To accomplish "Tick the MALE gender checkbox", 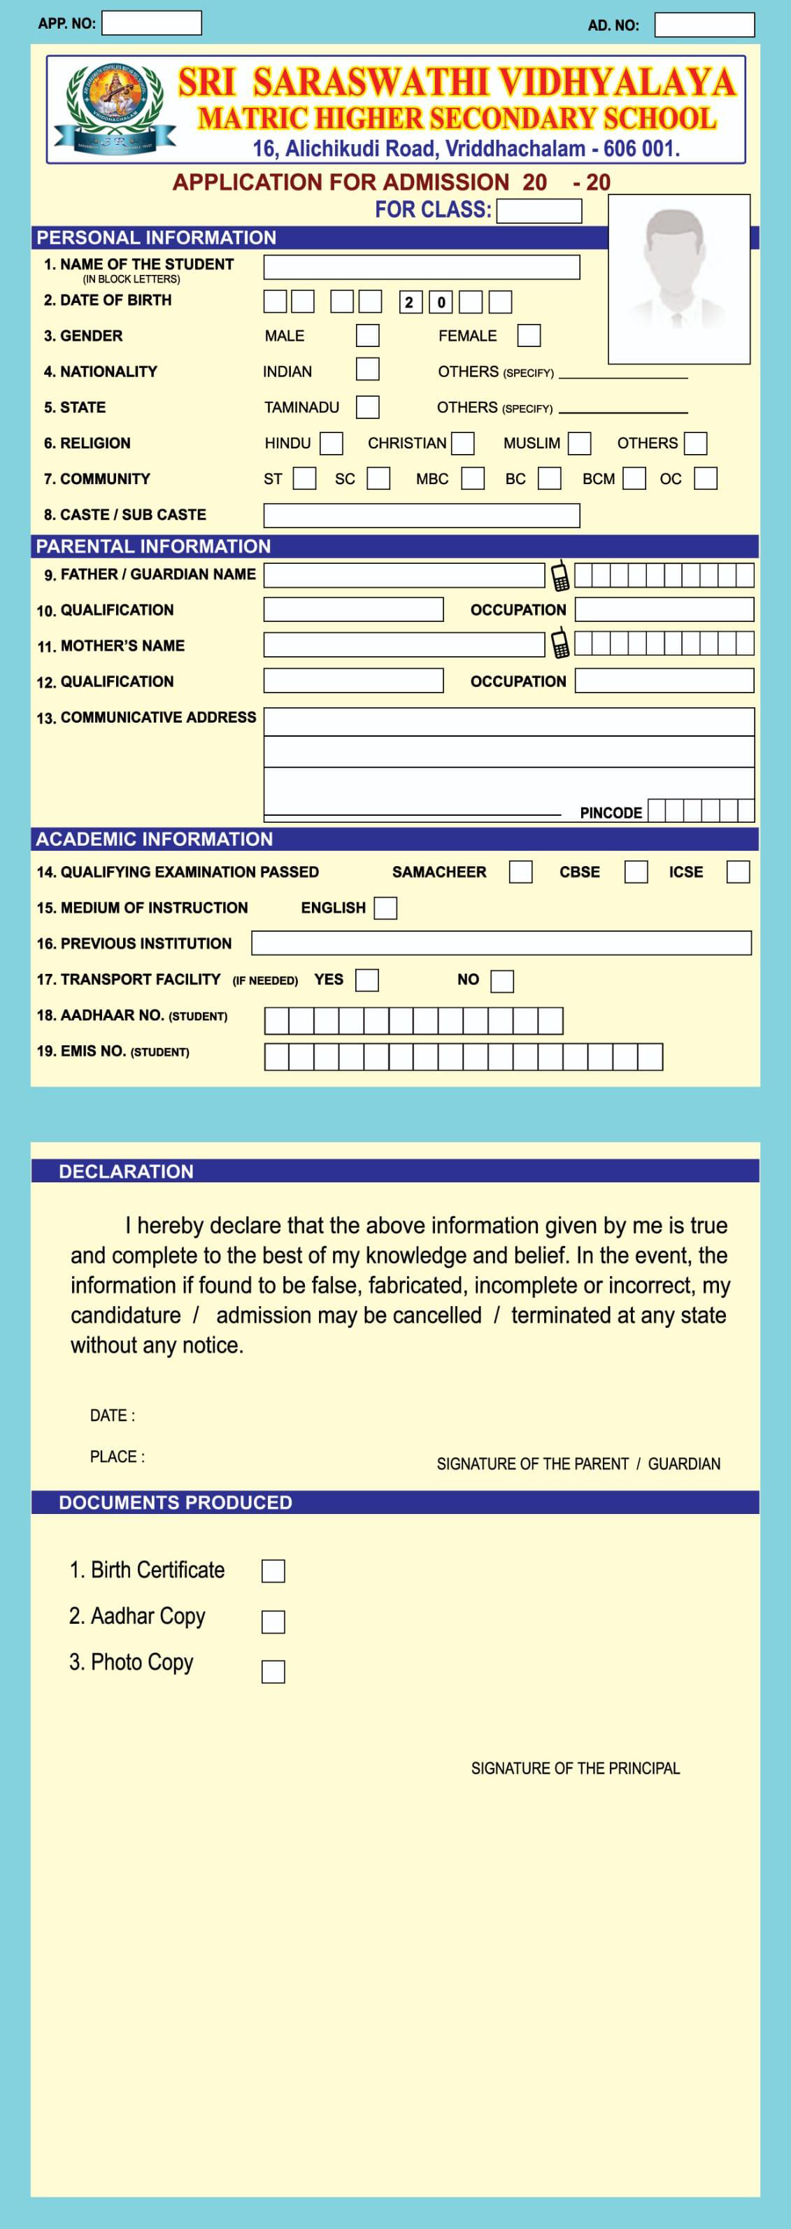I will (x=368, y=336).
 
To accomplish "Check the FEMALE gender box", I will (x=529, y=336).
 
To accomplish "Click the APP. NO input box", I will (x=152, y=23).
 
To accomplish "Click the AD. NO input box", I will (x=704, y=25).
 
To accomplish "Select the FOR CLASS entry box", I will (x=539, y=211).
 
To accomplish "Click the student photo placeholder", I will (x=678, y=278).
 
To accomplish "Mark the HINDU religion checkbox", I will (x=332, y=444).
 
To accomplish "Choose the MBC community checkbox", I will (x=473, y=479).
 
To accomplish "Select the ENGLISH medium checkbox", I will (x=385, y=907).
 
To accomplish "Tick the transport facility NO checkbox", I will (x=502, y=980).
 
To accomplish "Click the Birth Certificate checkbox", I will (x=273, y=1571).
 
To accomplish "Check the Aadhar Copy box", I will (x=273, y=1621).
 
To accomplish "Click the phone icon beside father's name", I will (x=560, y=575).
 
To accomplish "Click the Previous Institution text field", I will (x=501, y=943).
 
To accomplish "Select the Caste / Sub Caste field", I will (x=422, y=516).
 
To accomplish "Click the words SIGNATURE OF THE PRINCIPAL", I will (x=576, y=1769).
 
